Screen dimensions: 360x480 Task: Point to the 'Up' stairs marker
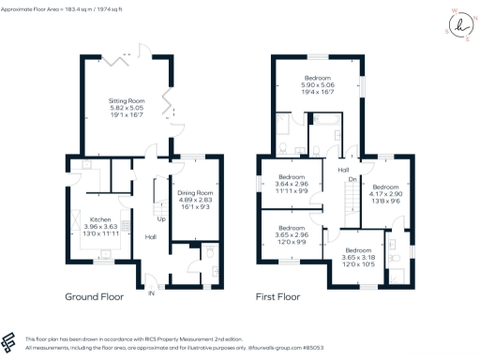(x=162, y=219)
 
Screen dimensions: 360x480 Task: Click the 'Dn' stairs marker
(x=352, y=179)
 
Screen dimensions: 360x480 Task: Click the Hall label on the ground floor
(x=150, y=237)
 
